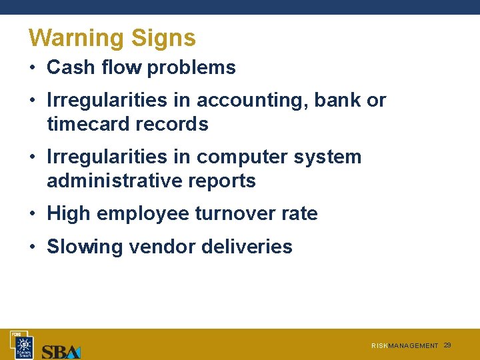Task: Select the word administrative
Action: tap(105, 181)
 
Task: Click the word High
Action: tap(69, 214)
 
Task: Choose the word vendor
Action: tap(160, 247)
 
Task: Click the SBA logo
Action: tap(61, 351)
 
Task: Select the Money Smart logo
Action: tap(25, 345)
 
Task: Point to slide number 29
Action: tap(447, 345)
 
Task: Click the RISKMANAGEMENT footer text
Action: tap(405, 346)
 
